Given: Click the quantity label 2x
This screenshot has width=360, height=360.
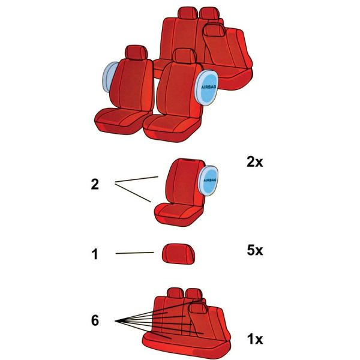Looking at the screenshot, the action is click(254, 162).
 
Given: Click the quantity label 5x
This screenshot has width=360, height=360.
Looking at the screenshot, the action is click(255, 250).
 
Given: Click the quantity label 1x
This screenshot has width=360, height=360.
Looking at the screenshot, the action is click(255, 339).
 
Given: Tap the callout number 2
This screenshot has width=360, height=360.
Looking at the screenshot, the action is click(95, 184).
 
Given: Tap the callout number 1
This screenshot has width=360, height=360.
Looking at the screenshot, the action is click(95, 254).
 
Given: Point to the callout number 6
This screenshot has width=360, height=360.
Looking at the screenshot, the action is click(95, 320).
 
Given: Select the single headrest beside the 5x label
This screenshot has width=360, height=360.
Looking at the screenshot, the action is click(179, 254).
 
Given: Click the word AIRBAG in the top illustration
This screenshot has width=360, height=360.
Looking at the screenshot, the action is click(209, 87).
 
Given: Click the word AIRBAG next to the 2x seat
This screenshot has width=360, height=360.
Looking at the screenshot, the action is click(210, 180).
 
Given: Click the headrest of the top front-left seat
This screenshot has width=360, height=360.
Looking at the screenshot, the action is click(136, 52).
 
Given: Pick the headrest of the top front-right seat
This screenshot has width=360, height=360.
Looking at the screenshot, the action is click(184, 56).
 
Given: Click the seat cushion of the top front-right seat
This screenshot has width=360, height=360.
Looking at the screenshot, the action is click(172, 127).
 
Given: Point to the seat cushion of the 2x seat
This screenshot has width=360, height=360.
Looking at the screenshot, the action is click(178, 214).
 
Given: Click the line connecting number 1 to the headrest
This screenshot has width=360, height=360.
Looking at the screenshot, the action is click(135, 253).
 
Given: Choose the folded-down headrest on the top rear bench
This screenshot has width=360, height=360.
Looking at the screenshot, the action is click(215, 30).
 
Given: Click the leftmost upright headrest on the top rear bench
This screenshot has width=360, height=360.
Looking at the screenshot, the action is click(188, 13).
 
